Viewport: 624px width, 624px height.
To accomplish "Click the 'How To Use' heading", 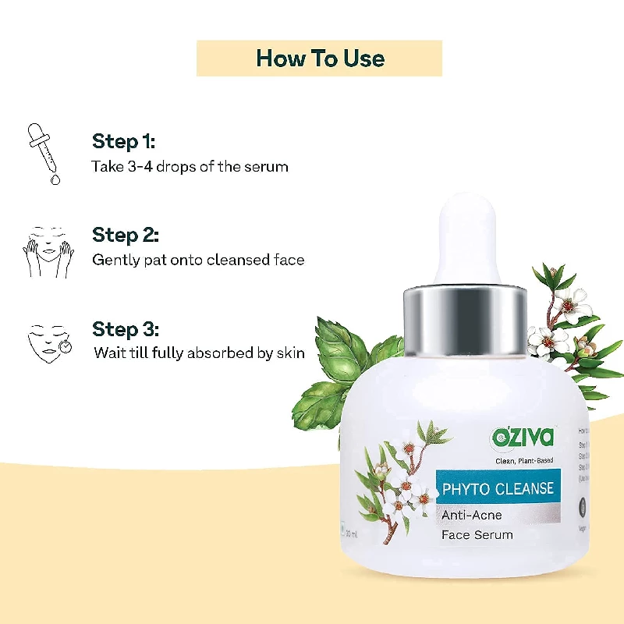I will tap(320, 58).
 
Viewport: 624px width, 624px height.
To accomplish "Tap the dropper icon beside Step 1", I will tap(42, 152).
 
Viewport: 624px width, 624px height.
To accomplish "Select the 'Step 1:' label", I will tap(123, 141).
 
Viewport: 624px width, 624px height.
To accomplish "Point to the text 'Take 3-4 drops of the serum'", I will tap(190, 166).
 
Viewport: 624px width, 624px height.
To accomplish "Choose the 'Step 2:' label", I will tap(126, 235).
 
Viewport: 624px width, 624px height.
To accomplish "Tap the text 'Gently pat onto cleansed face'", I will tap(198, 260).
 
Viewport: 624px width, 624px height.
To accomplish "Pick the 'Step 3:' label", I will tap(126, 328).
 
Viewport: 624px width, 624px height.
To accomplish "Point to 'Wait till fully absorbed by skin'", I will tap(199, 353).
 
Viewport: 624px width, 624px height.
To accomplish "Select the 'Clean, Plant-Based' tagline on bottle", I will tap(525, 461).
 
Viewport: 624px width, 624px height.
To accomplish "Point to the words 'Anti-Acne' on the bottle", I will tap(472, 515).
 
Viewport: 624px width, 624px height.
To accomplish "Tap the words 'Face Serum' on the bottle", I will tap(477, 535).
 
